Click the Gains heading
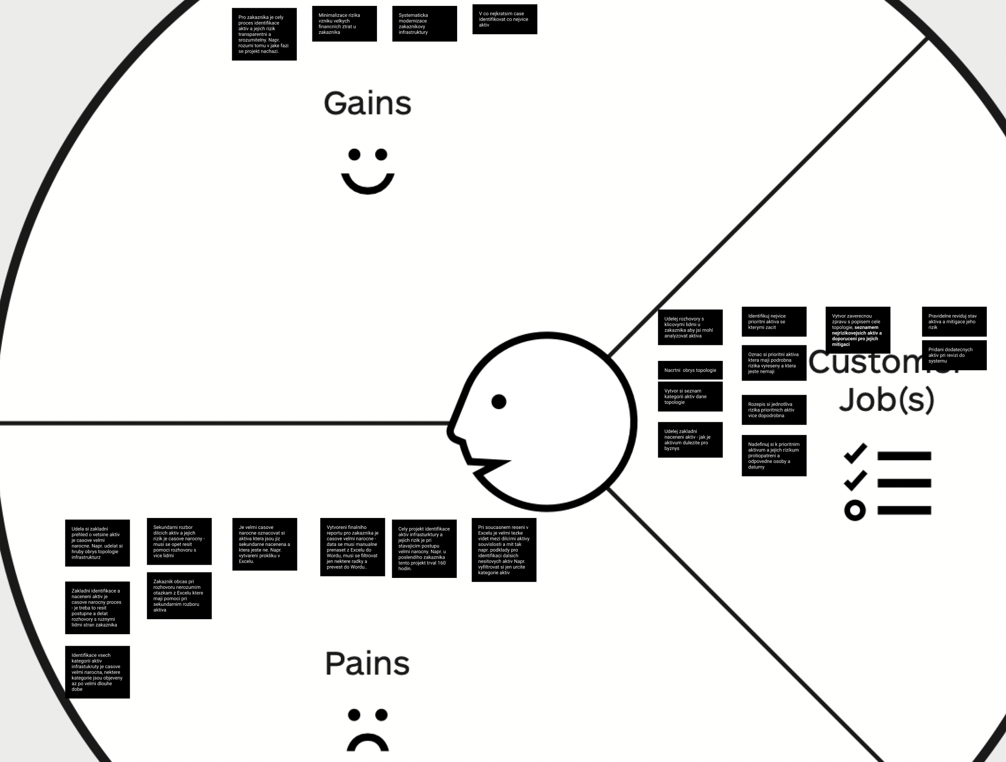coord(367,103)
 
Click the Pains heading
coord(367,664)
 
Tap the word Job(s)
coord(886,399)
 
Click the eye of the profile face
coord(499,402)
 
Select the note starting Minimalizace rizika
coord(344,24)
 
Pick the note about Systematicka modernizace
coord(424,24)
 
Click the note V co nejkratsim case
coord(504,19)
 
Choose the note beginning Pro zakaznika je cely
coord(264,34)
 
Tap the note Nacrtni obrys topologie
coord(690,370)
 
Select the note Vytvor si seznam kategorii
coord(690,397)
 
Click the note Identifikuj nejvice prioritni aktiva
coord(774,321)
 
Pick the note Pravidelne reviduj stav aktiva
coord(954,321)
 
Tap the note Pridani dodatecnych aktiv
coord(954,355)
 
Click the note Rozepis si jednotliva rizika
coord(774,410)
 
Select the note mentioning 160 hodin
coord(424,549)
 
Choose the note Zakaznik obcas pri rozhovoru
coord(179,595)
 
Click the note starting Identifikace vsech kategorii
coord(97,672)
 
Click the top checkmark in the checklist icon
coord(855,453)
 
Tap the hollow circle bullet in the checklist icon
coord(854,510)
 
